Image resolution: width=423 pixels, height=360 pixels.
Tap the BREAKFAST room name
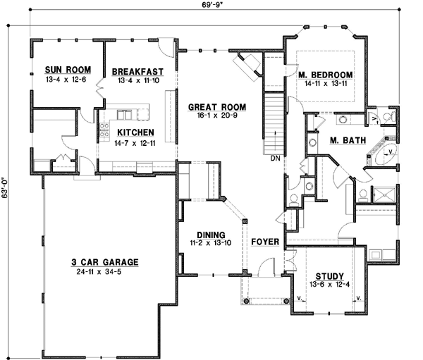coord(137,71)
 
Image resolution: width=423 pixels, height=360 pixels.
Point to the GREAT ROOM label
coord(212,107)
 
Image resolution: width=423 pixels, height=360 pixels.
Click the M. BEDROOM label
coord(324,75)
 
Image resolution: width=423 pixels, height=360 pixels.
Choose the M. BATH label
coord(348,140)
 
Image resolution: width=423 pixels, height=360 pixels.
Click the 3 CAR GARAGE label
coord(104,262)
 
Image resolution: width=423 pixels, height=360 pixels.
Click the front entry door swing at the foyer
coord(265,268)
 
